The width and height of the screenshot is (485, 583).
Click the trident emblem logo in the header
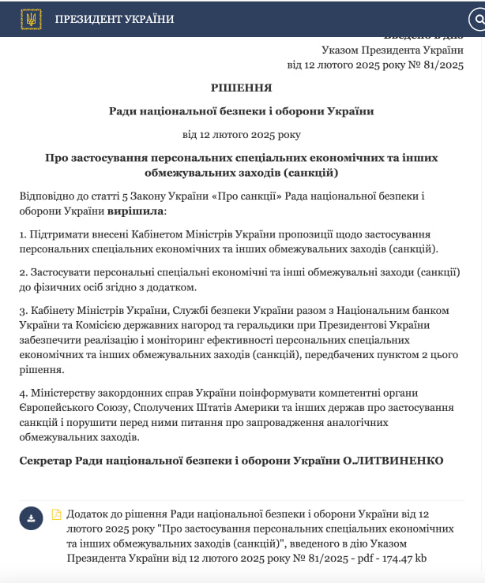tap(31, 19)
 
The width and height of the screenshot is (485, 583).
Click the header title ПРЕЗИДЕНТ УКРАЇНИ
tap(115, 19)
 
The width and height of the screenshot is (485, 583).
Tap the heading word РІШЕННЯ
tap(241, 88)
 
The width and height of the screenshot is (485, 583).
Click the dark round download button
tap(31, 518)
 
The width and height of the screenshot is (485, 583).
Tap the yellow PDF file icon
tap(56, 514)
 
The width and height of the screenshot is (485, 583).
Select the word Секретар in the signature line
tap(44, 460)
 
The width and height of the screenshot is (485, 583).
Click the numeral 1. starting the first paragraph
tap(23, 234)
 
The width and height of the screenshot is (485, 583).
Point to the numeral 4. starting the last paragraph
tap(24, 392)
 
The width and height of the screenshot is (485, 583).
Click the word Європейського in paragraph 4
tap(59, 407)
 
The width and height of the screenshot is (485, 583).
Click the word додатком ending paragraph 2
tap(170, 287)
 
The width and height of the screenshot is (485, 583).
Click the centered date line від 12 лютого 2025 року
tap(241, 134)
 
